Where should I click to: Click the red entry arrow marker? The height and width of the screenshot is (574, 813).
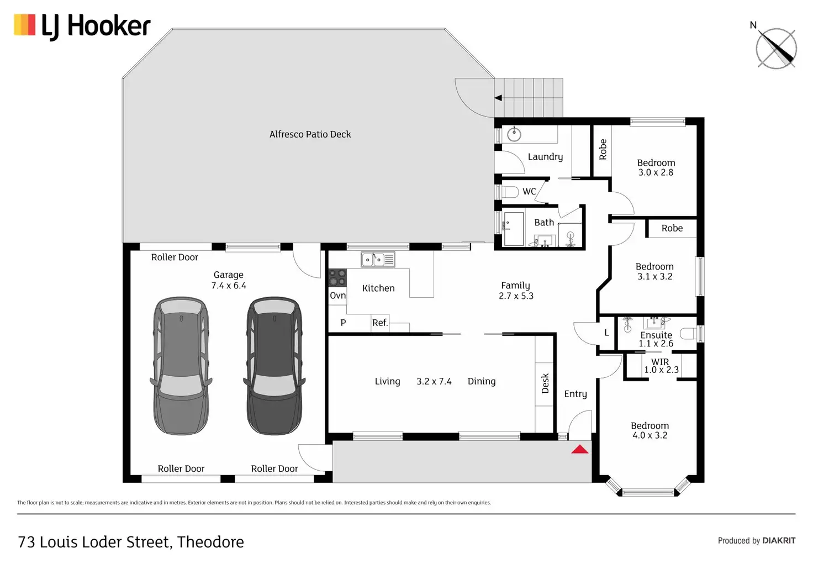point(579,450)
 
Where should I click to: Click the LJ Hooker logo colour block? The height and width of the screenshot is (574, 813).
point(25,25)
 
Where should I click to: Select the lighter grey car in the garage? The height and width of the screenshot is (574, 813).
point(181,366)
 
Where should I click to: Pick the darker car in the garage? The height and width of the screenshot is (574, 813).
point(274,366)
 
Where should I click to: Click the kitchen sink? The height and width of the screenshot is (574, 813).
point(378,260)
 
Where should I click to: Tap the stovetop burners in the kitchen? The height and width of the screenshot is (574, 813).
point(337,278)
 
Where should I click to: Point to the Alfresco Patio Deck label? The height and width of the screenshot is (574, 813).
point(310,134)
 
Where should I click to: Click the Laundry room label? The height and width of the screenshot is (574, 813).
point(545,157)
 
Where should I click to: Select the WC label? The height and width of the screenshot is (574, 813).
point(529,191)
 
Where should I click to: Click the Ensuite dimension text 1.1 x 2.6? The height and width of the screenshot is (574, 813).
point(656,344)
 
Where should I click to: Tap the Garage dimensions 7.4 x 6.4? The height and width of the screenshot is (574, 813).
point(229,286)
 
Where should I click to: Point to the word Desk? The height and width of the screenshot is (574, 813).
point(545,383)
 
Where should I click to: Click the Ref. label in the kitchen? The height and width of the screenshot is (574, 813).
point(380,323)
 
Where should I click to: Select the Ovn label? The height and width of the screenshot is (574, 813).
point(337,296)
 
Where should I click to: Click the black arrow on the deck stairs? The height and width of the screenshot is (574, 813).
point(498,98)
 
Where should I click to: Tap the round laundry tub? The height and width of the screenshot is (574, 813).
point(514,134)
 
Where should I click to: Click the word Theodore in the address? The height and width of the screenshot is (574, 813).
point(210,542)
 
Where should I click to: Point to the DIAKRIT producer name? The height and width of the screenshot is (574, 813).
point(779,541)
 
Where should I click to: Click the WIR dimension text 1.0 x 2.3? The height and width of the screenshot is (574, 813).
point(661,370)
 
